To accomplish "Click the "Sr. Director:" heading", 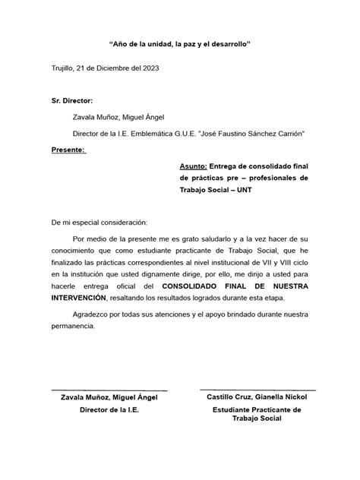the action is point(71,100).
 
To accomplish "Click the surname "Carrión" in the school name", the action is point(287,134).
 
